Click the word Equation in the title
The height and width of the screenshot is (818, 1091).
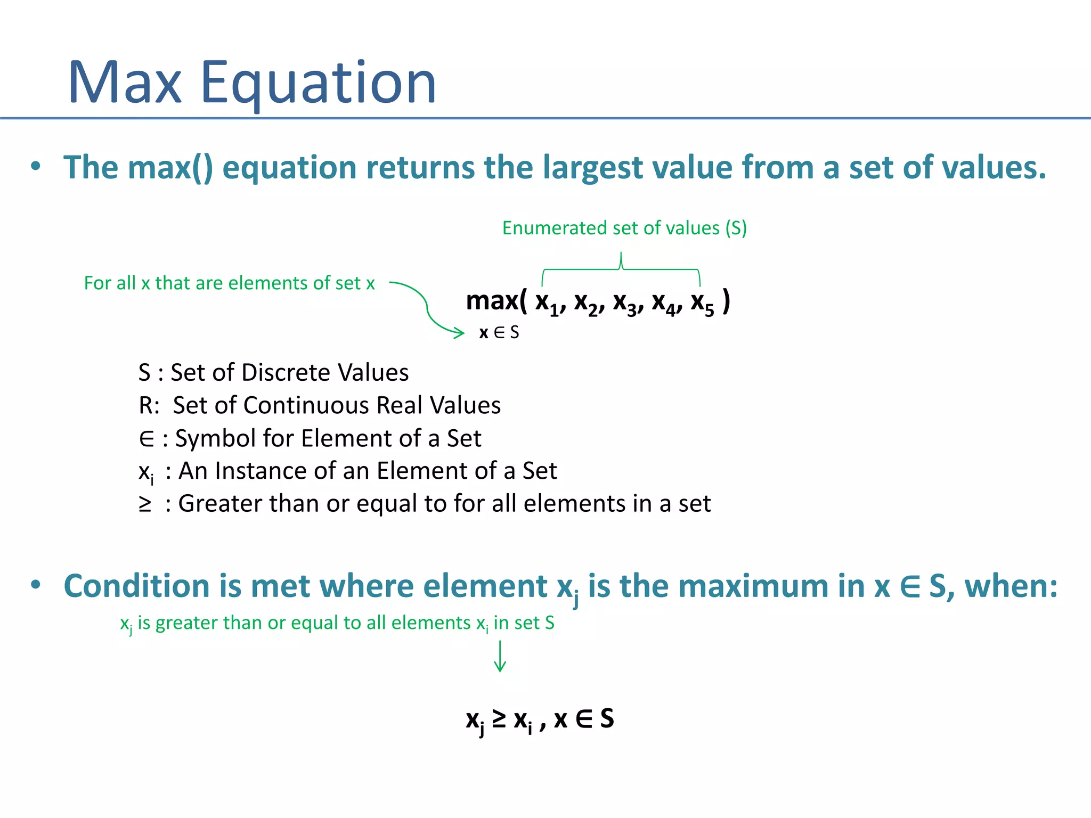pos(318,84)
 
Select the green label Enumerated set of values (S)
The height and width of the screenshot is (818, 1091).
pos(624,228)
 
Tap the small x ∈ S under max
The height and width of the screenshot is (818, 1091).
pos(499,333)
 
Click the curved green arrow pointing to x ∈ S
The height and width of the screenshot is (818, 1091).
pos(428,309)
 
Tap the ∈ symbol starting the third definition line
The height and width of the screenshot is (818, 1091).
pos(146,438)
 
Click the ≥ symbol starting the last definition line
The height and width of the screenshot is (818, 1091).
pos(145,504)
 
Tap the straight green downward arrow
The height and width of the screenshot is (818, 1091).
pos(500,656)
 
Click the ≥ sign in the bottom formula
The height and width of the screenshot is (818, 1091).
pos(499,718)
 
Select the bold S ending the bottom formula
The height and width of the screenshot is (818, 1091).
pos(607,718)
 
